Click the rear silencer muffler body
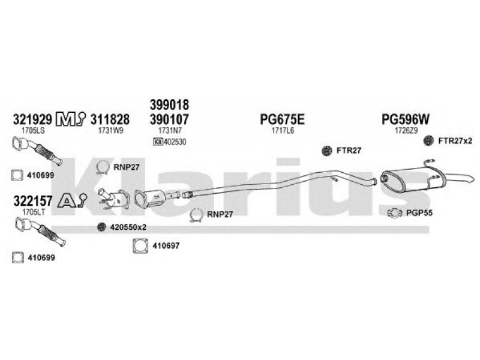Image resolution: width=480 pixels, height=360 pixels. click(x=409, y=179)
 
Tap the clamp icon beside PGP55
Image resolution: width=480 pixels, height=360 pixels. click(x=393, y=212)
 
